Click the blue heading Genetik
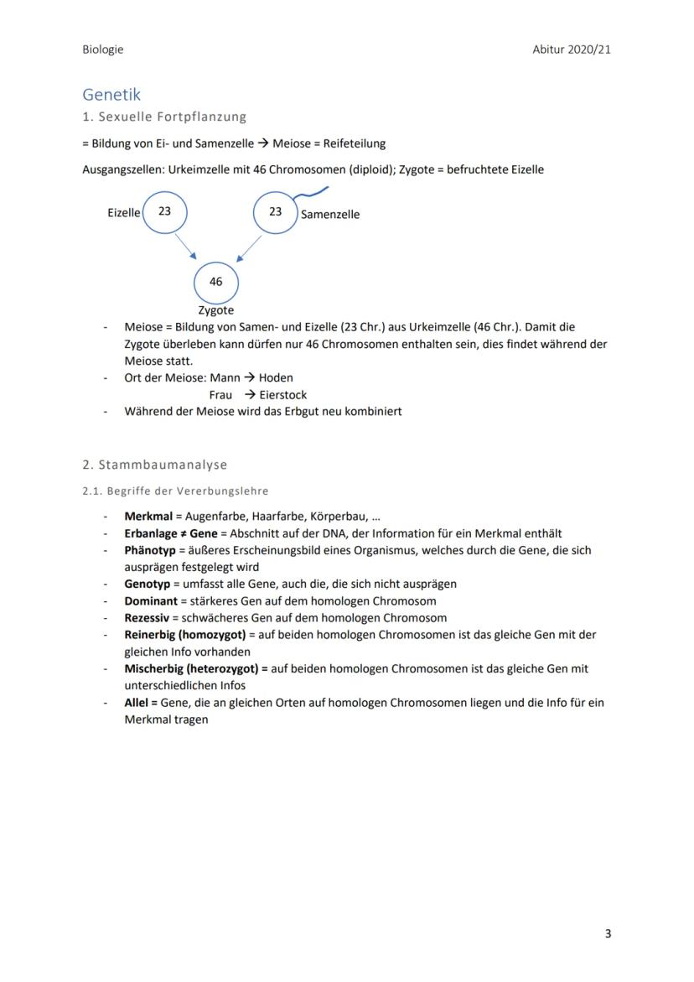(x=111, y=95)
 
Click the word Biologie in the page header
(x=102, y=49)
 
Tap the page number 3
(x=608, y=933)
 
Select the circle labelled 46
(x=215, y=282)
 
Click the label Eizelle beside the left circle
(x=123, y=213)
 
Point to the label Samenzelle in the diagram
(x=330, y=214)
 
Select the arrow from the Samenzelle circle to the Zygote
(x=249, y=247)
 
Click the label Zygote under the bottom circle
(x=215, y=310)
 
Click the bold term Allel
(x=137, y=702)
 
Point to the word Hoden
(x=276, y=377)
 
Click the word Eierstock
(x=283, y=394)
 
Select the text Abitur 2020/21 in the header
(x=571, y=49)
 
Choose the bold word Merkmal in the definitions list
(x=148, y=517)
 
